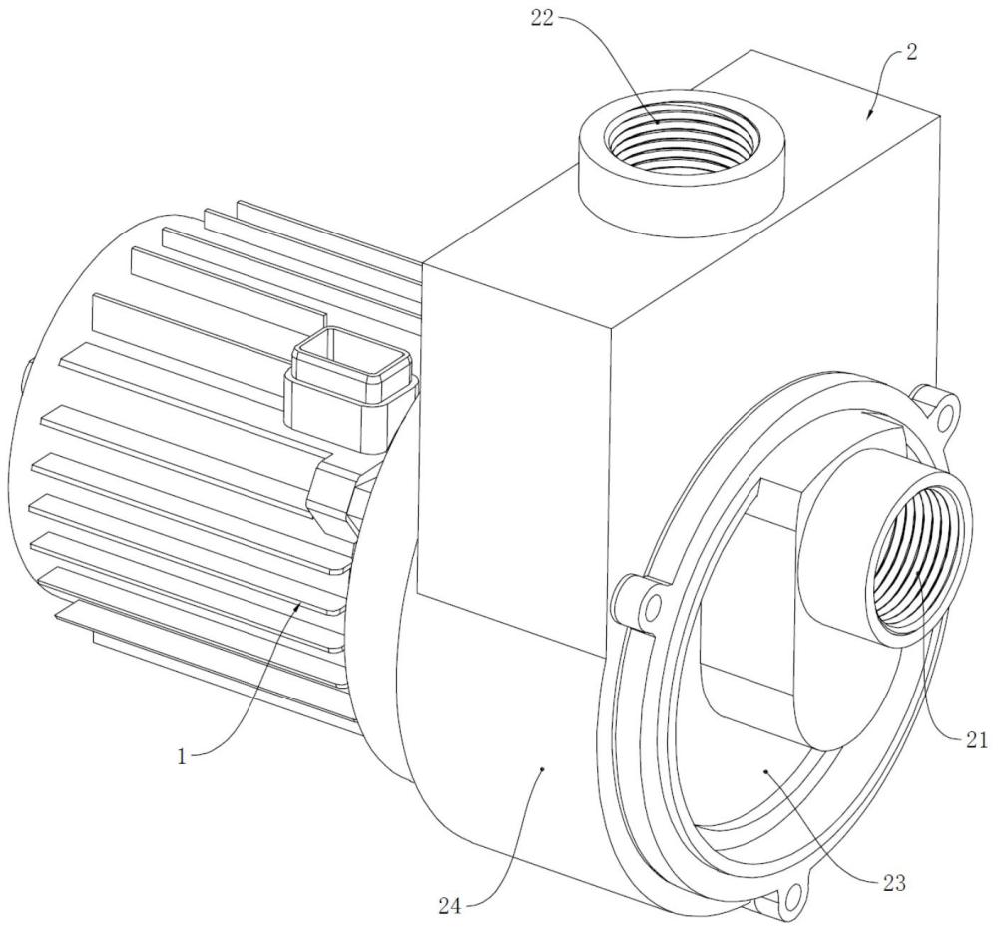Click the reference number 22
pos(544,18)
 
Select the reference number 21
pos(975,739)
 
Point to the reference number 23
pos(893,883)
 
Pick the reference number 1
pos(182,757)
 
